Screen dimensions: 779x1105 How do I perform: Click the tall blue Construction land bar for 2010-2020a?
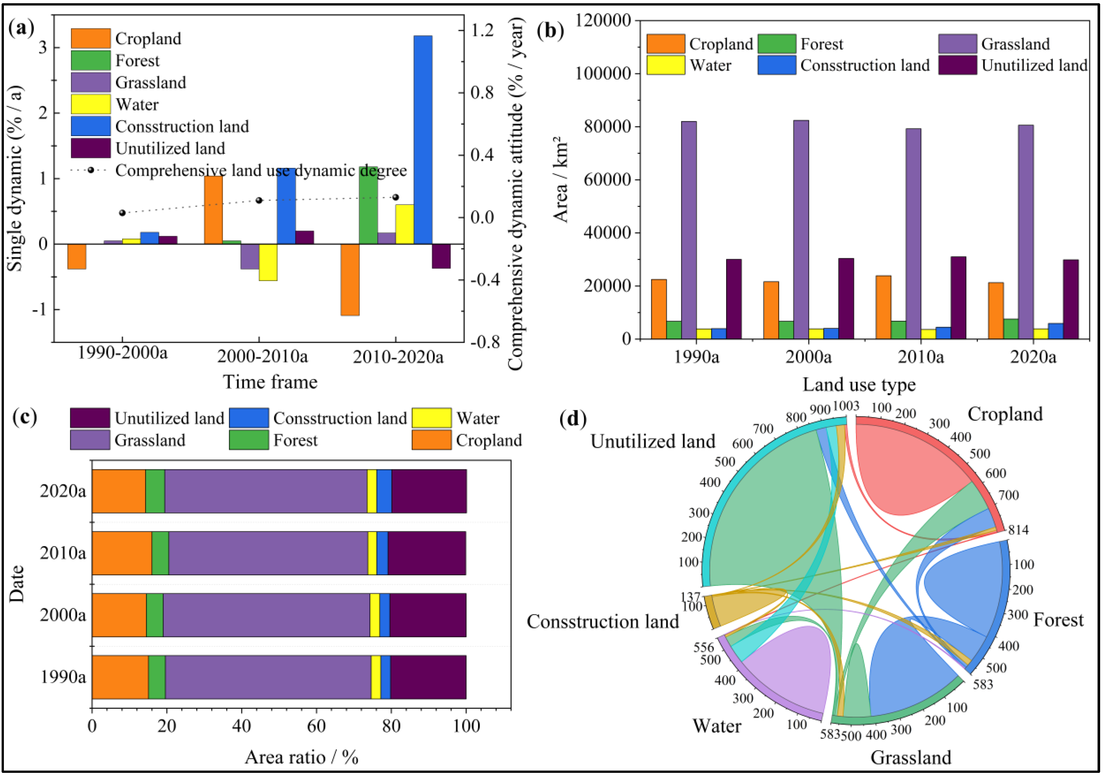423,140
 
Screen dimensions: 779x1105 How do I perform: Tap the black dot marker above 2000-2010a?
259,200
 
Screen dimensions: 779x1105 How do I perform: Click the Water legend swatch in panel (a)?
90,104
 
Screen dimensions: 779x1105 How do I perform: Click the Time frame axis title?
270,382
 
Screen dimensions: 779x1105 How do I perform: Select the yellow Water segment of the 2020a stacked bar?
371,491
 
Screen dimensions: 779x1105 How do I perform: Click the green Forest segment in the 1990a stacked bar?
157,677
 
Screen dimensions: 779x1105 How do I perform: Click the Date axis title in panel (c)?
17,584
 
